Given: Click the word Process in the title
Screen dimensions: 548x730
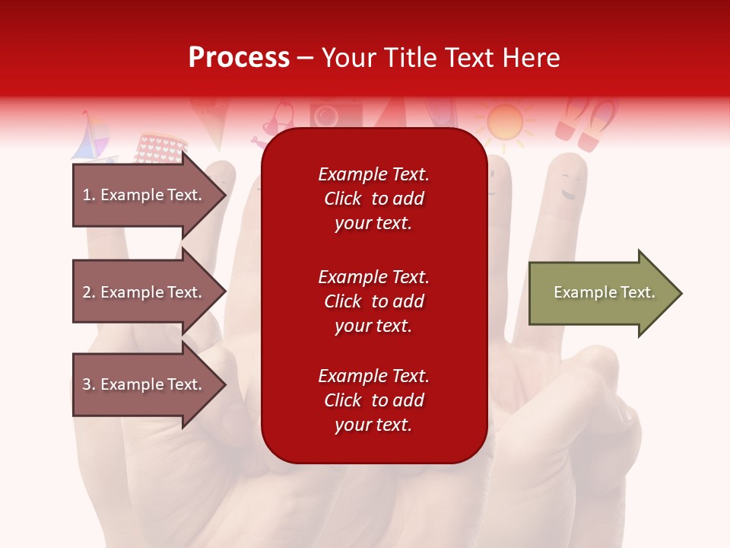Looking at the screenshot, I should pyautogui.click(x=239, y=58).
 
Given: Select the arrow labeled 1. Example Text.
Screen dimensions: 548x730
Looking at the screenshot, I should pyautogui.click(x=144, y=195).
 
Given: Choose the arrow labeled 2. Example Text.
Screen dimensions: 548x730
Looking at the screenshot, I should pyautogui.click(x=144, y=292).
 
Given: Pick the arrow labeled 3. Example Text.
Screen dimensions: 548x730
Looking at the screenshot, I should pyautogui.click(x=144, y=384).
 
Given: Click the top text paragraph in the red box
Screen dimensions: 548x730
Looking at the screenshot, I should pyautogui.click(x=373, y=199).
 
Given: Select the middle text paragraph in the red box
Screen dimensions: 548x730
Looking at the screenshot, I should pyautogui.click(x=373, y=301).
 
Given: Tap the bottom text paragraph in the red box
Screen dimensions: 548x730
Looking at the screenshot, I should pyautogui.click(x=373, y=400).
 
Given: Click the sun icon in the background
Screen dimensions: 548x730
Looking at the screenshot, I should pyautogui.click(x=504, y=123).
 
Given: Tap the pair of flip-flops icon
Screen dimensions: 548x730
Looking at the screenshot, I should pyautogui.click(x=586, y=124).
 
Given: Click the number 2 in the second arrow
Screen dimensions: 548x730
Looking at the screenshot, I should pyautogui.click(x=87, y=292).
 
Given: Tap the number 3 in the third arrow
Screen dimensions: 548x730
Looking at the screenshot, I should pyautogui.click(x=87, y=384).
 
